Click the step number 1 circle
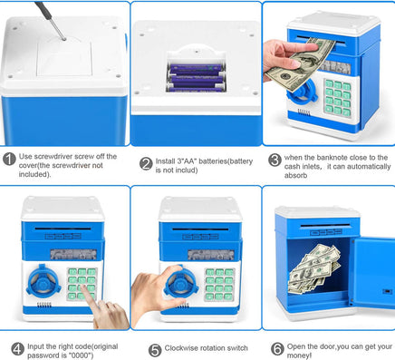tap(9, 159)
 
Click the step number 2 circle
tap(146, 164)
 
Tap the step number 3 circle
tap(275, 160)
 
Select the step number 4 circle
tap(17, 349)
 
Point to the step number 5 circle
tap(155, 350)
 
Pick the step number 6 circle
tap(277, 349)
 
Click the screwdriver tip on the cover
tap(63, 39)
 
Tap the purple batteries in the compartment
tap(197, 78)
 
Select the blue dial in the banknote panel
tap(302, 92)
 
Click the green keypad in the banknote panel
tap(338, 97)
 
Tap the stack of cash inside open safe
tap(314, 269)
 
